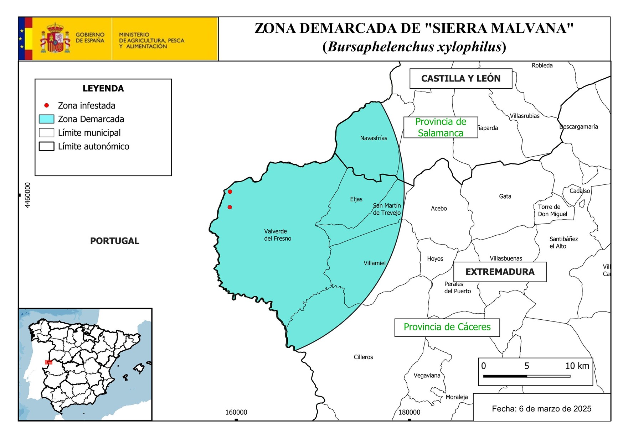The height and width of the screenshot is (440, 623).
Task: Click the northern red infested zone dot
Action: (230, 192)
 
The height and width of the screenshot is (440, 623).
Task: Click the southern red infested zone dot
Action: (230, 207)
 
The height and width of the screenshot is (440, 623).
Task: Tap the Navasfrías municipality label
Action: (374, 138)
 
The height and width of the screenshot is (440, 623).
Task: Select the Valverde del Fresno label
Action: (277, 235)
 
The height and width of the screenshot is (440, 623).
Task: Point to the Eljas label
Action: (356, 199)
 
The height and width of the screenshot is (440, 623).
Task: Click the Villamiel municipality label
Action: (374, 263)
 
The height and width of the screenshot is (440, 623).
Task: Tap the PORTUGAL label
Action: (114, 241)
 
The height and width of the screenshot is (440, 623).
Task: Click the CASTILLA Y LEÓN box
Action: (460, 79)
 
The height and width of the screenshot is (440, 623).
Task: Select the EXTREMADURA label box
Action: (500, 272)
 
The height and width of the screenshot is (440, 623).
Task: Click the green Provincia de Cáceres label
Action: (447, 327)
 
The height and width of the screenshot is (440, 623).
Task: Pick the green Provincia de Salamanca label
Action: (441, 127)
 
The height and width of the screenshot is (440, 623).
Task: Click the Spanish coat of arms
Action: (55, 38)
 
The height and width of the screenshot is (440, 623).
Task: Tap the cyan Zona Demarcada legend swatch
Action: (46, 119)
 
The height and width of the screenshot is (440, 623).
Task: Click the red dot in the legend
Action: (46, 105)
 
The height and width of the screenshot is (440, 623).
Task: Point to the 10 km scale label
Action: (577, 366)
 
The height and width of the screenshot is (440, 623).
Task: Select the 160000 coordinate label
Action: (236, 412)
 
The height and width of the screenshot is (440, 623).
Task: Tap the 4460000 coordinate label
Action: (28, 195)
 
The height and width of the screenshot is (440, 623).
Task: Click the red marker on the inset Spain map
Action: (49, 362)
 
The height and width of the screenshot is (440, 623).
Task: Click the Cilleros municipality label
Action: (363, 357)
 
